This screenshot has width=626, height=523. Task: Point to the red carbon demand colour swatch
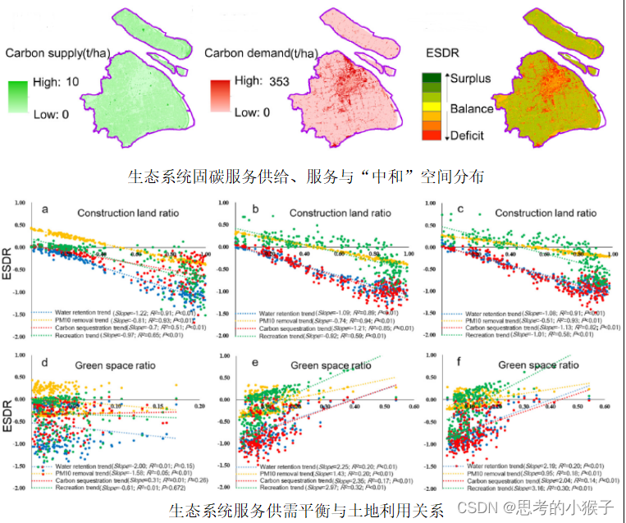pyautogui.click(x=219, y=94)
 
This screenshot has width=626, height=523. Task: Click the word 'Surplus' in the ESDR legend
pyautogui.click(x=470, y=79)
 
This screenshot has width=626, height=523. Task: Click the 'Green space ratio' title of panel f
pyautogui.click(x=535, y=365)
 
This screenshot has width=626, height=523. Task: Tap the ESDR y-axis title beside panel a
pyautogui.click(x=12, y=262)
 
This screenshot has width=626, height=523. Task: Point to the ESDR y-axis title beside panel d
pyautogui.click(x=12, y=410)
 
